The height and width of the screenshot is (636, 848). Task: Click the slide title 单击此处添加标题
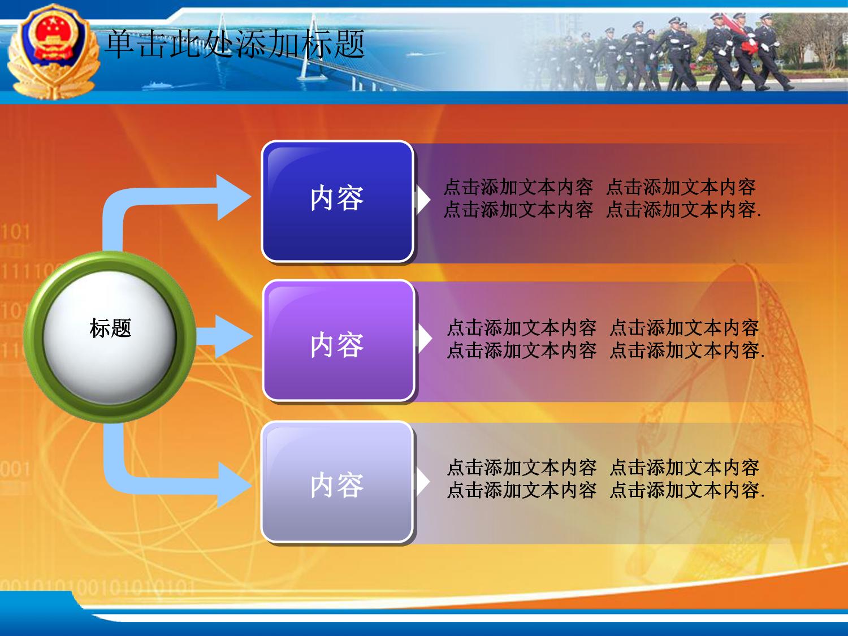235,44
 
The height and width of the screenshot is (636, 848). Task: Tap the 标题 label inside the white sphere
110,328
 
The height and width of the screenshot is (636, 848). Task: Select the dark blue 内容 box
338,201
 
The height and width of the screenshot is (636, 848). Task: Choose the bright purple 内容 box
339,340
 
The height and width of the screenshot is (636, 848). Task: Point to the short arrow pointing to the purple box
224,336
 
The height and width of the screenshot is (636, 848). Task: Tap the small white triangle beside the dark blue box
423,200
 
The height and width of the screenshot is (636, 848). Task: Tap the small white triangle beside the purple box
424,339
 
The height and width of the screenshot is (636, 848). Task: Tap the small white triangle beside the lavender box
423,481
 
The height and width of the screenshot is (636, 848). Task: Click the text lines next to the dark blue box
602,198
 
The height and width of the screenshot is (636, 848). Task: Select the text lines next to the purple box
606,339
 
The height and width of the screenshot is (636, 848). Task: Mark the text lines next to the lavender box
606,479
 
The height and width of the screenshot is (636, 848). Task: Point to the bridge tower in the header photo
308,46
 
